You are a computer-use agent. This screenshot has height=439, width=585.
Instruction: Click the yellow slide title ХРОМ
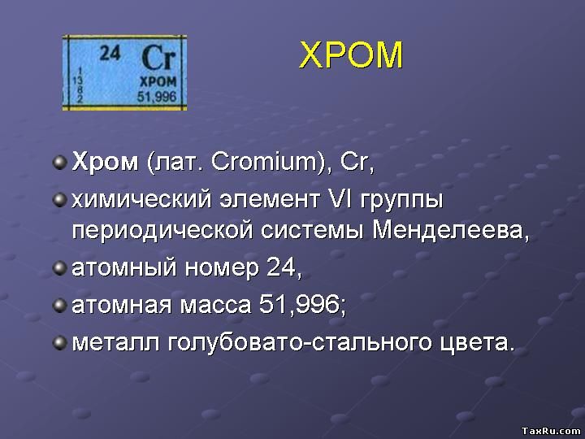[x=351, y=55]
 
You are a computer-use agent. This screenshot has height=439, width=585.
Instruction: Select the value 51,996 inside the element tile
[x=157, y=96]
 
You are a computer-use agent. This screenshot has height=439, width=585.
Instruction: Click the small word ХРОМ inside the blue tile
[x=156, y=83]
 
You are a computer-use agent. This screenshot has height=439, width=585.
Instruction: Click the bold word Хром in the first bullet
[x=106, y=162]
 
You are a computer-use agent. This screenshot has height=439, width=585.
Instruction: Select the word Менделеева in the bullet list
[x=449, y=230]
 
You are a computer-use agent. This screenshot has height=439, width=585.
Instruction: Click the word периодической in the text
[x=163, y=232]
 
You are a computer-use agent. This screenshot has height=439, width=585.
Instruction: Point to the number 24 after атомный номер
[x=283, y=267]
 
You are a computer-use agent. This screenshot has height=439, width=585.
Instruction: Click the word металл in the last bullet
[x=116, y=341]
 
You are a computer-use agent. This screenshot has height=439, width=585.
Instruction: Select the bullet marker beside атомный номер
[x=59, y=267]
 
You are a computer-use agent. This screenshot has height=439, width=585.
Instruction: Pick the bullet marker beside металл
[x=59, y=341]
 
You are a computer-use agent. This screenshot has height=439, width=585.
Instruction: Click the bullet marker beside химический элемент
[x=59, y=198]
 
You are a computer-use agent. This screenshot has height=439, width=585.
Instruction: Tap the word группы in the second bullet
[x=399, y=200]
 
